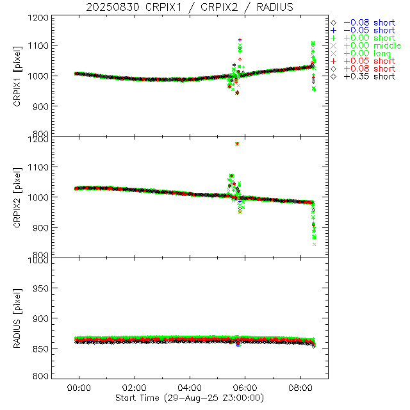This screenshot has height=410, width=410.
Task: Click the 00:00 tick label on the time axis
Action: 80,388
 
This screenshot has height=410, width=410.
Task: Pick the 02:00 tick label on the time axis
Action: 135,388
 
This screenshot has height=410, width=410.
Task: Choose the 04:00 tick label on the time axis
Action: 190,388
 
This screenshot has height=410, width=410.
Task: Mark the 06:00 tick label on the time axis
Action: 246,388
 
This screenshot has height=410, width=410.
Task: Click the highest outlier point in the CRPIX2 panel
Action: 237,143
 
